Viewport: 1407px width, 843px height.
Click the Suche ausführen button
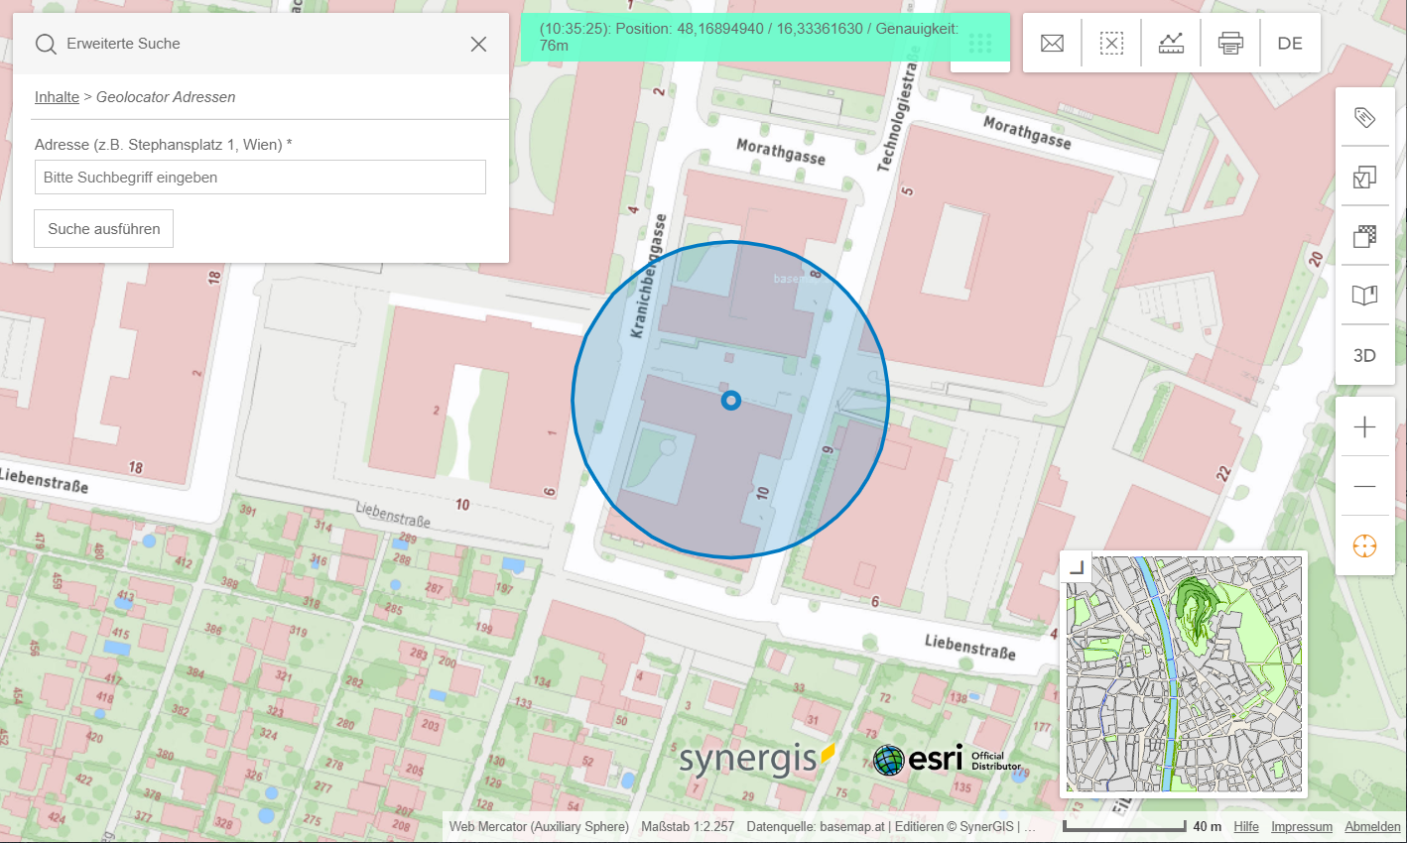point(103,228)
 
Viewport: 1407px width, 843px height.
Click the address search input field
point(260,178)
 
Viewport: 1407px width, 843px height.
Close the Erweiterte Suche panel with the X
point(478,44)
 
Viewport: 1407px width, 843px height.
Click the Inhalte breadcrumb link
point(57,97)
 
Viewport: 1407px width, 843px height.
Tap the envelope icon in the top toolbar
point(1052,43)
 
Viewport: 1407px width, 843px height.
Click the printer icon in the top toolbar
point(1230,43)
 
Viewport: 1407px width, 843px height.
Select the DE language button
point(1290,43)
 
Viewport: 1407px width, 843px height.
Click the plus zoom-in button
point(1364,426)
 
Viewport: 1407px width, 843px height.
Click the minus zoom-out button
point(1364,486)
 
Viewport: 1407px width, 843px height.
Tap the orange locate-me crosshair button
point(1364,545)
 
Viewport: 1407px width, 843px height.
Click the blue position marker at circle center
point(731,401)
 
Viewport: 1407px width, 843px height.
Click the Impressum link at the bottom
point(1301,826)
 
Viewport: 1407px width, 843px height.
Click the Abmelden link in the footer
point(1372,826)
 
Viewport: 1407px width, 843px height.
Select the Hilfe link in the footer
point(1245,826)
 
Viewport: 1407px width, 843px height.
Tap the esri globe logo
point(888,760)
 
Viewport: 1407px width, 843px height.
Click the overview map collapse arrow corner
point(1076,567)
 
